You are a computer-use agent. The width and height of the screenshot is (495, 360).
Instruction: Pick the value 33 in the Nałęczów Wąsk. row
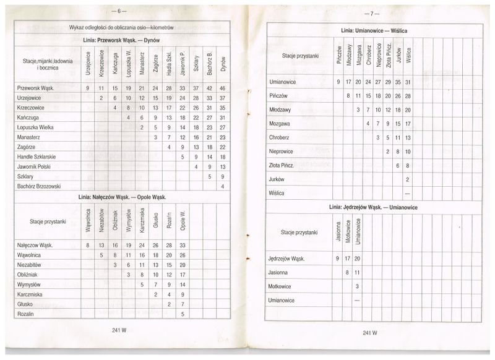[182, 246]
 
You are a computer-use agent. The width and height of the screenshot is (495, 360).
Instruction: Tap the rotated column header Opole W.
[182, 221]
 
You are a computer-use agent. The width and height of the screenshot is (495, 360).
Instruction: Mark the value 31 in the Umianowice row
[408, 82]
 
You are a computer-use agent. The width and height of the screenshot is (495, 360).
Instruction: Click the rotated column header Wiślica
[408, 56]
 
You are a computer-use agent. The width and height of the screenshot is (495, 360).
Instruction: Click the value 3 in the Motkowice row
[358, 286]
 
